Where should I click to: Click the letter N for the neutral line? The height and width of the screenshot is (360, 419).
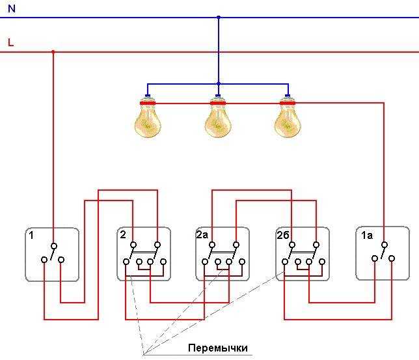12,8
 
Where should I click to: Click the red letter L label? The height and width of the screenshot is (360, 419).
10,42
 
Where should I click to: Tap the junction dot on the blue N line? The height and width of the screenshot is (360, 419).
219,18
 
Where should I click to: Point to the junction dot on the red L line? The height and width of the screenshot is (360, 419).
53,51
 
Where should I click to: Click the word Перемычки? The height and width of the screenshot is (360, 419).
218,348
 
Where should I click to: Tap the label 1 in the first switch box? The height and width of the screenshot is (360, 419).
31,236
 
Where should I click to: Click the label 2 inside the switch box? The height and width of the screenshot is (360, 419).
123,234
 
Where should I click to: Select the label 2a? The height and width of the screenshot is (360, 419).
202,234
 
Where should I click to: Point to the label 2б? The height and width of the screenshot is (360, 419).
283,235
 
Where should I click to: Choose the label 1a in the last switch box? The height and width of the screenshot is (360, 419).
367,236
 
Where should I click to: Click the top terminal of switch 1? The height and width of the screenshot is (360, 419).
54,246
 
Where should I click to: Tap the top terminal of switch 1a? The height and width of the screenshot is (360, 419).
385,245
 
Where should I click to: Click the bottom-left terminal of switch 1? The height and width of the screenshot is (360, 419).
44,260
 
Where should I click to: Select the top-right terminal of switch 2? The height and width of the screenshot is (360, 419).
157,245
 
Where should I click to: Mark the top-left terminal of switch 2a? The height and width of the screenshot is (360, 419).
212,245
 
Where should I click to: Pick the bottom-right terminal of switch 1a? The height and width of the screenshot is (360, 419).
392,258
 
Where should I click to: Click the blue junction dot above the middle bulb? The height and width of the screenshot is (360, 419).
219,84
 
